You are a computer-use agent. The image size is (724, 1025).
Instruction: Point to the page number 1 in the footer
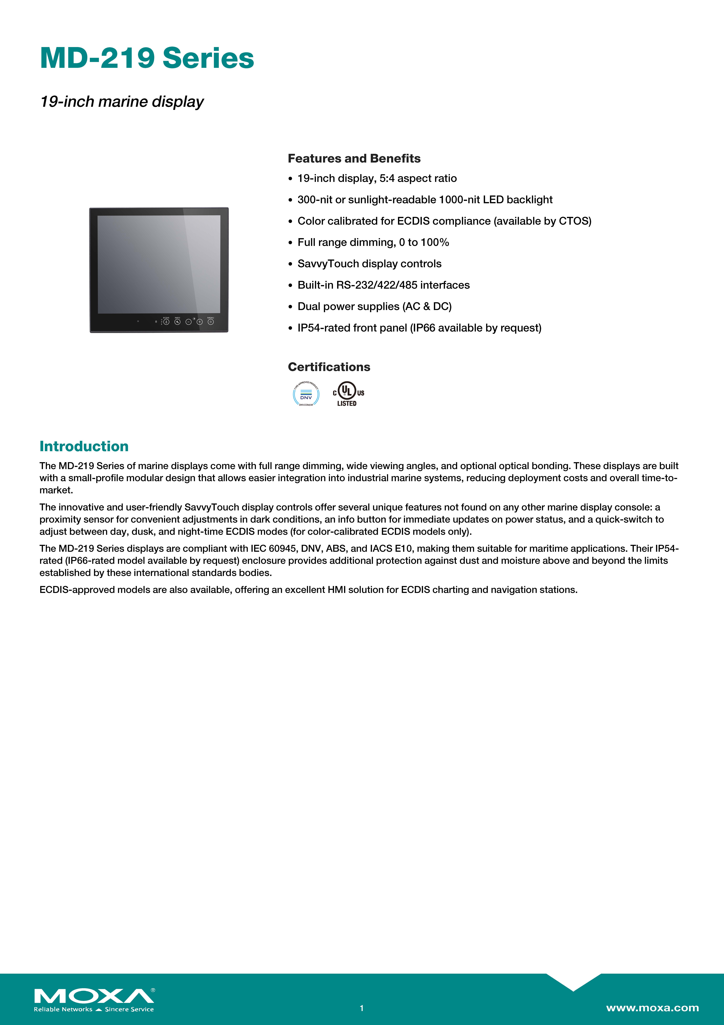[x=362, y=1008]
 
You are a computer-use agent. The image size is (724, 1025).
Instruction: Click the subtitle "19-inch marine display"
[x=122, y=102]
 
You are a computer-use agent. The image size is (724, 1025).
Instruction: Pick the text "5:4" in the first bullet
[x=387, y=179]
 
